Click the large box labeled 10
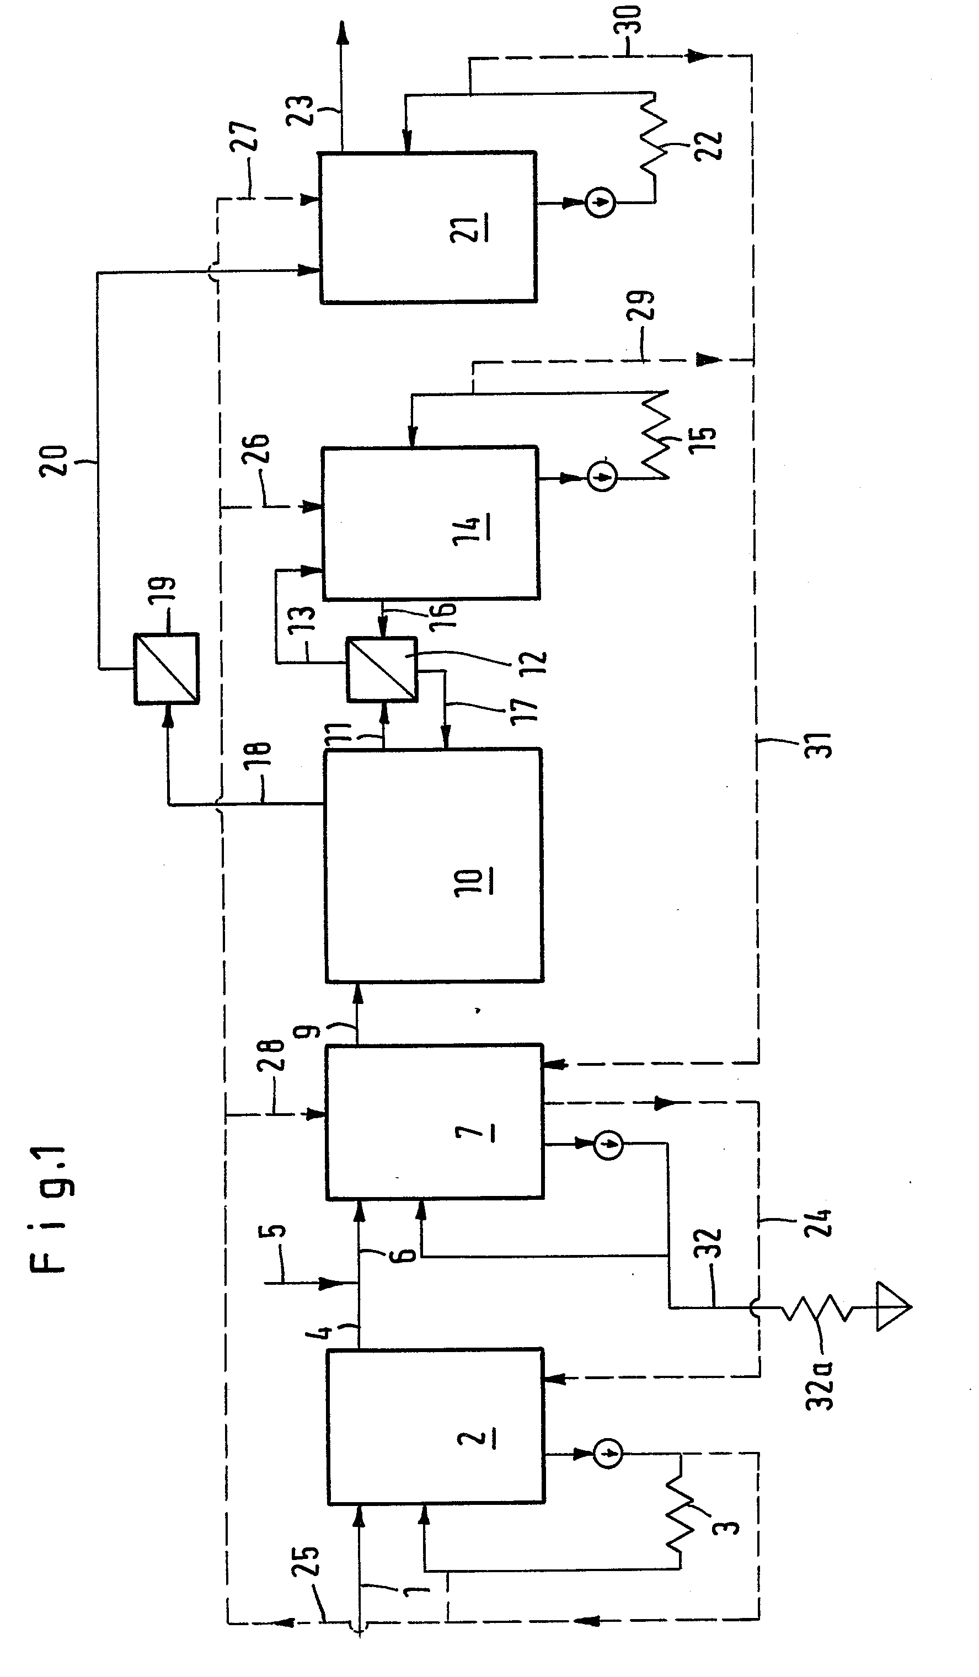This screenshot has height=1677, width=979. (x=434, y=865)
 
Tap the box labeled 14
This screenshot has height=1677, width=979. (x=431, y=523)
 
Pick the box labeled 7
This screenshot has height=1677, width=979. (x=435, y=1122)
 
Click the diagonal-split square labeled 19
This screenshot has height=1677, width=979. (x=167, y=668)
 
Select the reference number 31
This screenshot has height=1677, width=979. (x=822, y=745)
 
